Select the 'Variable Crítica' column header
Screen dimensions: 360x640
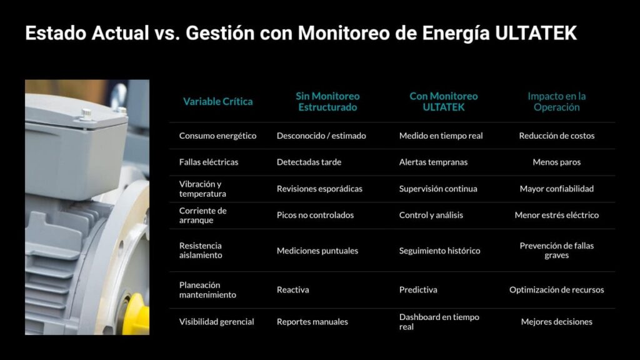point(217,101)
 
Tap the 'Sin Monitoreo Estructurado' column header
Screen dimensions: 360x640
point(327,101)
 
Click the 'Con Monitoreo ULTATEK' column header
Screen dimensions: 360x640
point(443,101)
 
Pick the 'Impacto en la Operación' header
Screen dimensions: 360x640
point(556,101)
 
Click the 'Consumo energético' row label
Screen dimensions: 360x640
point(217,136)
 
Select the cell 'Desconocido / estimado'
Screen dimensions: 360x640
point(321,136)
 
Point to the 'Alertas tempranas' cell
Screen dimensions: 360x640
point(433,162)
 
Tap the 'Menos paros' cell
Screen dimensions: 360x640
point(556,162)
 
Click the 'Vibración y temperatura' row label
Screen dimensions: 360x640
point(201,189)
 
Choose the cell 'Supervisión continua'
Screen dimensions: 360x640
point(437,189)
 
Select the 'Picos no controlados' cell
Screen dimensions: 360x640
point(315,215)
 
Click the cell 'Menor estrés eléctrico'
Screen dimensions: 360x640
point(556,215)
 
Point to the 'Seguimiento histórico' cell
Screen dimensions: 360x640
point(439,251)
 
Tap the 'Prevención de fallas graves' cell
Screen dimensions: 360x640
point(556,251)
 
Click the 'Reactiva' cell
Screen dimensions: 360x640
point(292,290)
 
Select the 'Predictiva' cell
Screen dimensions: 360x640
point(418,290)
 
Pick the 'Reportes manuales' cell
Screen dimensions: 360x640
point(312,322)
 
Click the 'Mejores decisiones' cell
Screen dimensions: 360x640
point(556,322)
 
